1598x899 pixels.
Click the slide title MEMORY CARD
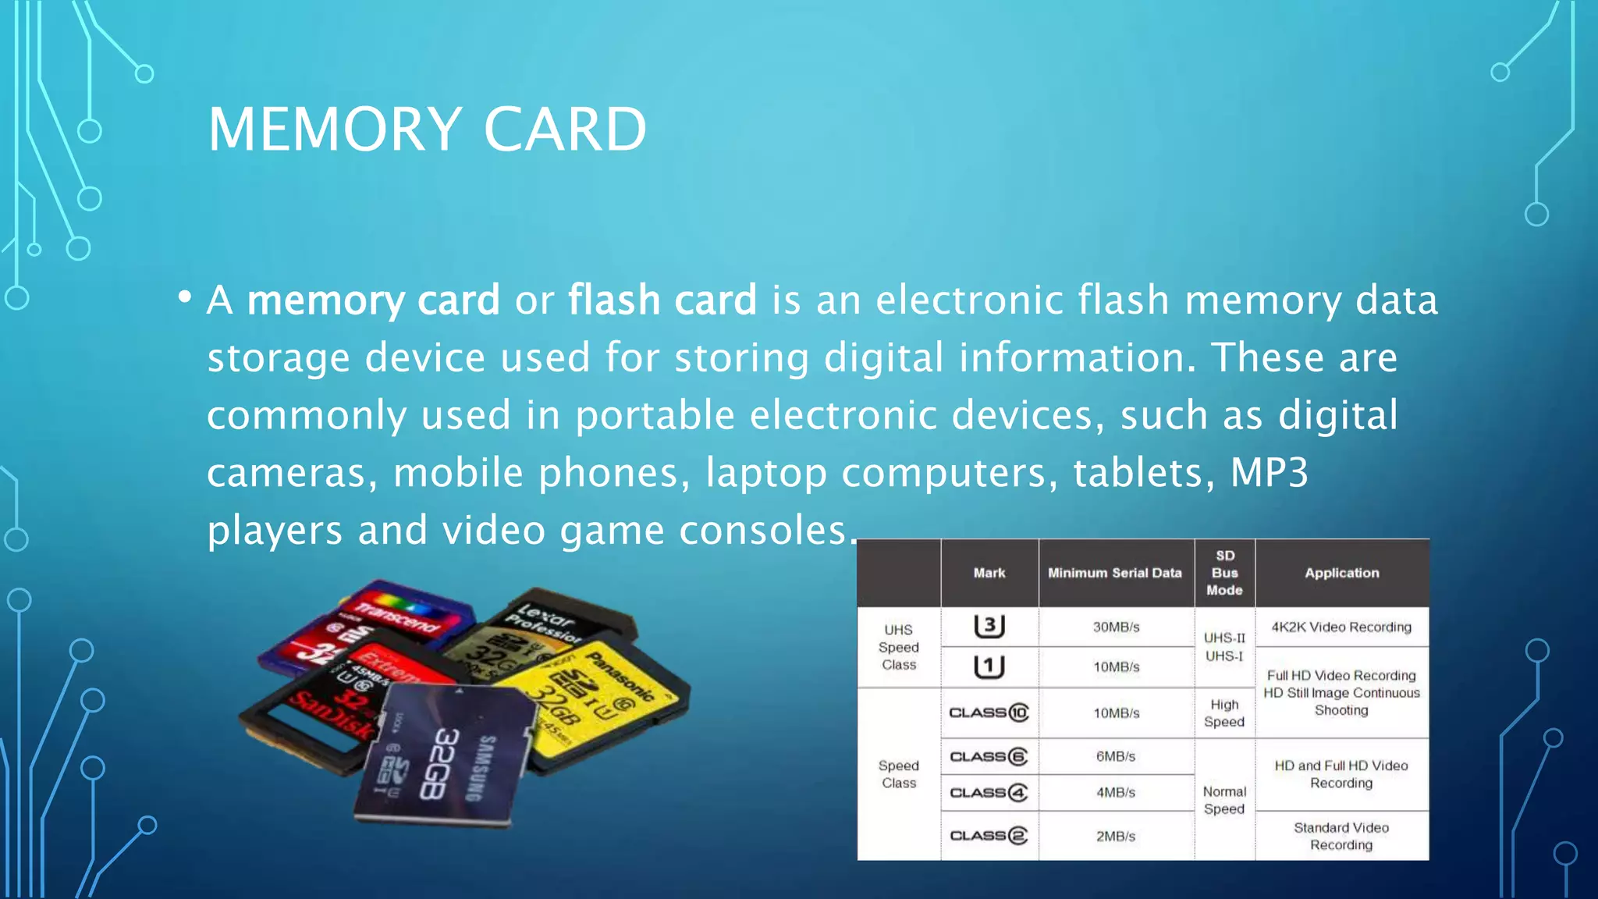click(427, 130)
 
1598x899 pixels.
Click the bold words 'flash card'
click(662, 300)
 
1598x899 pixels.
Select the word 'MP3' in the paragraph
click(1269, 472)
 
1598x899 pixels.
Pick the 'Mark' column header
click(989, 573)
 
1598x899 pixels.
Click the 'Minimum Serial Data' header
click(1114, 573)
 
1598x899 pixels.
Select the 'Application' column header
click(1341, 573)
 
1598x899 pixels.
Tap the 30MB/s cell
click(1116, 627)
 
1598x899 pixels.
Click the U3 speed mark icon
click(989, 626)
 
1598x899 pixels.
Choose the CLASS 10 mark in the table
click(989, 712)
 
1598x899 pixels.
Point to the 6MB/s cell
click(1116, 756)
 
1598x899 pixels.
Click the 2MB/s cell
click(1116, 836)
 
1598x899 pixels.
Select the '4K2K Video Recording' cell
click(1341, 627)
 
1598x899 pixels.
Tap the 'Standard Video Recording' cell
click(1341, 836)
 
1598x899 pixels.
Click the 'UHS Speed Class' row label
click(899, 647)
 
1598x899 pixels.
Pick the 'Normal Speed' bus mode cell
click(1224, 800)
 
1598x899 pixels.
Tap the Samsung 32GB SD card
click(445, 757)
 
